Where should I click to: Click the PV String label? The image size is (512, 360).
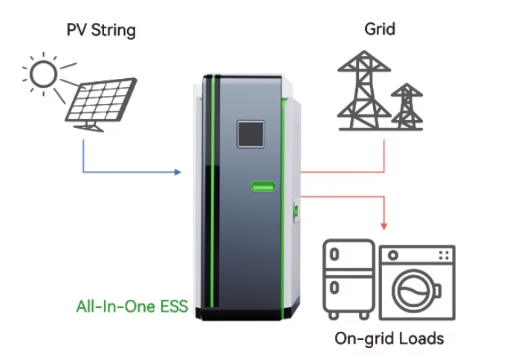(101, 30)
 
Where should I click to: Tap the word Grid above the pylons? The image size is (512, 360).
(380, 29)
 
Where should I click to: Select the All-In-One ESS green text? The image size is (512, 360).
(132, 306)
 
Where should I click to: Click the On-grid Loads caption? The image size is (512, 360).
(389, 338)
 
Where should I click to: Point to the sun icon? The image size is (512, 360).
(43, 74)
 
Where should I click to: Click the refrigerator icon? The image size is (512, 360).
(349, 279)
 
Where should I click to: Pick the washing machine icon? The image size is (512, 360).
(418, 283)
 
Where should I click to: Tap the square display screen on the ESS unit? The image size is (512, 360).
(250, 134)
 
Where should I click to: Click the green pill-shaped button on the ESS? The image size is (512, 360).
(263, 187)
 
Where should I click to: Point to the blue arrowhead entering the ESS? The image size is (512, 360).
(178, 172)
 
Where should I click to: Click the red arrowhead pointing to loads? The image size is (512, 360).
(384, 226)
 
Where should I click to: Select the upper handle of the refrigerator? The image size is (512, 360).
(334, 254)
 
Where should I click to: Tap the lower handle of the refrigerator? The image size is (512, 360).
(334, 288)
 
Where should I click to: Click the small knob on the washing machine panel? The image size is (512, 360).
(393, 255)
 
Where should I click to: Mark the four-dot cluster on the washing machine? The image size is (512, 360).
(444, 255)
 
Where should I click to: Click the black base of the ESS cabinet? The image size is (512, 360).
(242, 314)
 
